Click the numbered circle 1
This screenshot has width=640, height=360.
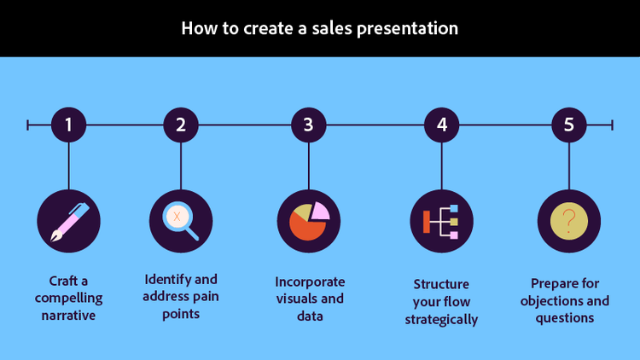click(69, 125)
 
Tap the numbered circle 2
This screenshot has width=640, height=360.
click(181, 125)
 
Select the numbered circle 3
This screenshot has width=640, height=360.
click(308, 125)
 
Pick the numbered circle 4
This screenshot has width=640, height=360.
click(442, 125)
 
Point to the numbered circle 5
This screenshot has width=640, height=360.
click(569, 125)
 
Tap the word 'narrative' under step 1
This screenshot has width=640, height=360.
click(68, 316)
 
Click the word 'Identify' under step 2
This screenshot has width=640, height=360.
click(168, 279)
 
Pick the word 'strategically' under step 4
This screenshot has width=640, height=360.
click(441, 320)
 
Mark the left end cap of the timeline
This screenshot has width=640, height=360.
click(28, 125)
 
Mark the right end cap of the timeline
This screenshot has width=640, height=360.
click(612, 125)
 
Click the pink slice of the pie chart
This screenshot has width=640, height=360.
click(320, 211)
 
